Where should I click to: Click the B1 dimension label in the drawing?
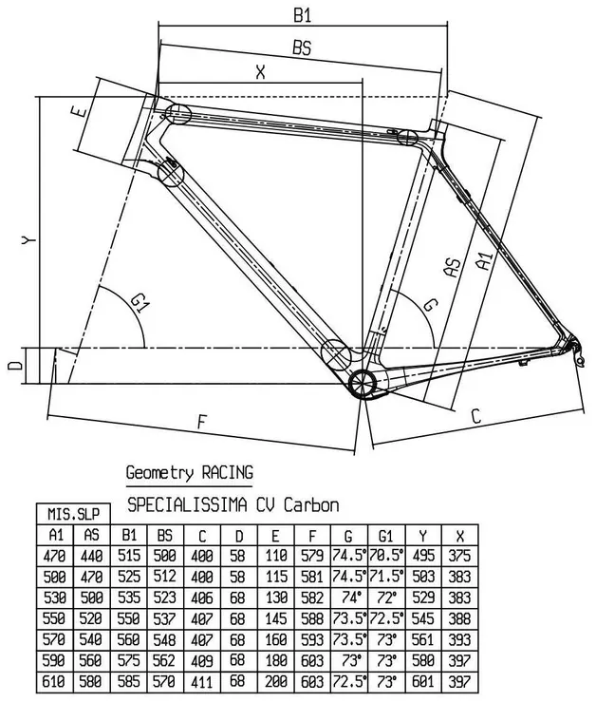(303, 16)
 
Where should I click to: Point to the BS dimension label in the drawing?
(302, 48)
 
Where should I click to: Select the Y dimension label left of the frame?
(30, 241)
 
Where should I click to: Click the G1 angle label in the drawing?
(140, 303)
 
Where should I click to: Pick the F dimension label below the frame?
(201, 421)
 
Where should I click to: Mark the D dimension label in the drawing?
(13, 366)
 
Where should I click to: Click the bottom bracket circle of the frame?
(363, 383)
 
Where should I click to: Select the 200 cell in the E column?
(276, 681)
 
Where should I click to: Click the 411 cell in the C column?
(202, 681)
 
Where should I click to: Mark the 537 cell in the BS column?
(165, 618)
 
